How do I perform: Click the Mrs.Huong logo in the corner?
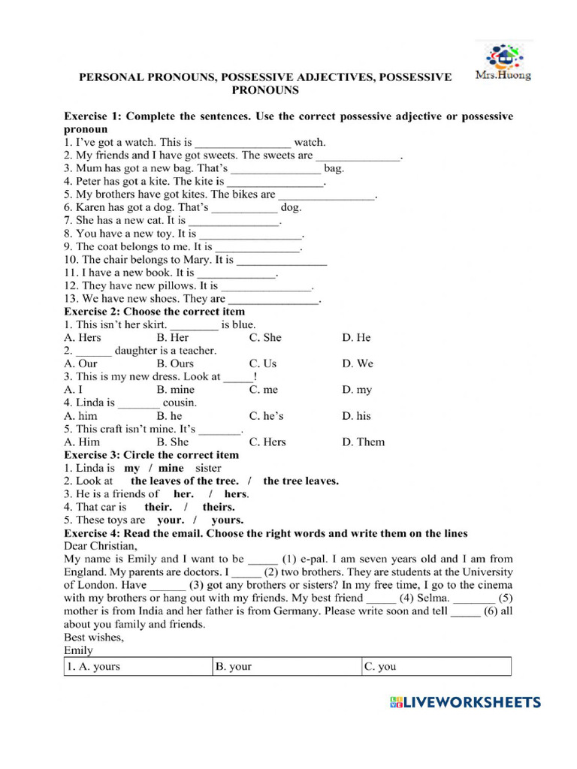(x=503, y=62)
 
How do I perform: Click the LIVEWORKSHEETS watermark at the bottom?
(x=465, y=702)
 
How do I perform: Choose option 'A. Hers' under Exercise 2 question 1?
(x=83, y=337)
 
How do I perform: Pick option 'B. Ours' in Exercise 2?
(x=175, y=363)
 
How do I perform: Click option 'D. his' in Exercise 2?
(x=356, y=416)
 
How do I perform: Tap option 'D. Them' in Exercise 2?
(x=363, y=442)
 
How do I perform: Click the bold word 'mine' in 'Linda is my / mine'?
(x=171, y=468)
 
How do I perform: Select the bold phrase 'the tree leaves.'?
(x=301, y=481)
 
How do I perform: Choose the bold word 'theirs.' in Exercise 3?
(x=219, y=507)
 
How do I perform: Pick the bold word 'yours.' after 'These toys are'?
(x=227, y=520)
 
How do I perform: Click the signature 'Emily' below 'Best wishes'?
(x=79, y=650)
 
